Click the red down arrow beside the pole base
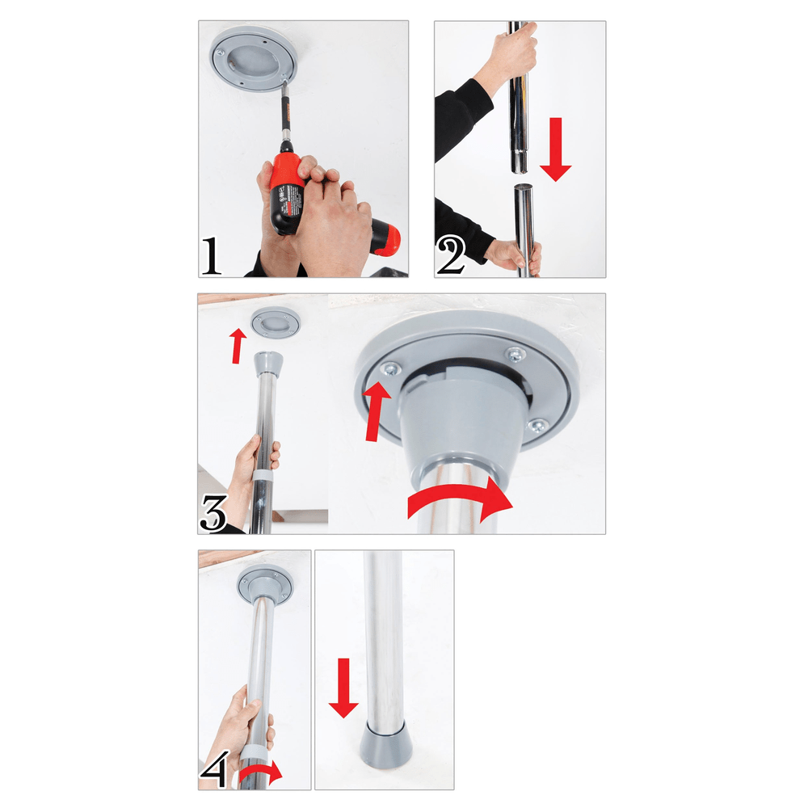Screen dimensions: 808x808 [343, 687]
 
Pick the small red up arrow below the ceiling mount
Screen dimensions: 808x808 [236, 347]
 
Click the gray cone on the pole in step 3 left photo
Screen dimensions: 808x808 [268, 367]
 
